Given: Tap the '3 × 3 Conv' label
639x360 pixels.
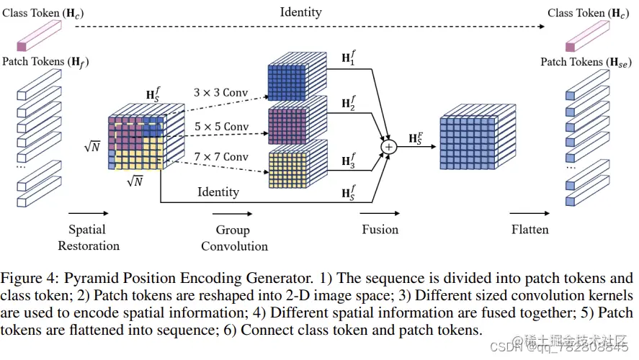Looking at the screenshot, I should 220,93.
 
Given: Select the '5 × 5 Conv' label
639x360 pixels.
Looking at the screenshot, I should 220,127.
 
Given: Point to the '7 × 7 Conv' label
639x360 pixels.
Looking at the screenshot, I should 220,157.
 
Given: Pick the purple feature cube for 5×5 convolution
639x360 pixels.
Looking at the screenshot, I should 292,124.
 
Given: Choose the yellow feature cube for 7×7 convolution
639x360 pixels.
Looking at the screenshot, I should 292,167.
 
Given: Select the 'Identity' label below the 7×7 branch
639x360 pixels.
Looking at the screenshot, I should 218,192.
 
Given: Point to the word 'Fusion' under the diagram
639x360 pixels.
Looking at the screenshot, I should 380,229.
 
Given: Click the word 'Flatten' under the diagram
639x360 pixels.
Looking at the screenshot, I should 529,230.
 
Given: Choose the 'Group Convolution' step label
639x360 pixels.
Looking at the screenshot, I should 233,238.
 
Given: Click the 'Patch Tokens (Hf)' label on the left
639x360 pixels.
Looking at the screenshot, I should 45,62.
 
